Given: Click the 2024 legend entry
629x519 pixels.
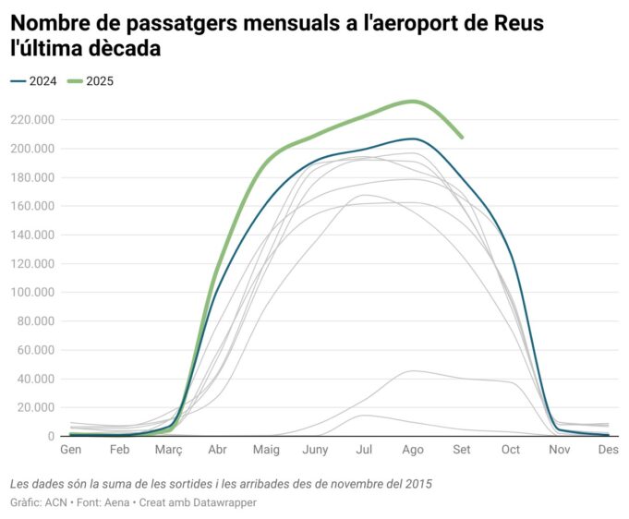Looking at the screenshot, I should [x=34, y=81].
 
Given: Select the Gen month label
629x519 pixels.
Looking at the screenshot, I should [x=70, y=449].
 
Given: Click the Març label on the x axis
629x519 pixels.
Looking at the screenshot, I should [x=168, y=449].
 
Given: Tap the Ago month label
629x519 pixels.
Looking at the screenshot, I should [x=413, y=449].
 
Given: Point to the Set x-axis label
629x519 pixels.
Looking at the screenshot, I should [x=462, y=449].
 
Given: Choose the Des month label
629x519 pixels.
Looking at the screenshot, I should [x=608, y=449].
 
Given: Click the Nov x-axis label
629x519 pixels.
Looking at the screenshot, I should [x=560, y=449].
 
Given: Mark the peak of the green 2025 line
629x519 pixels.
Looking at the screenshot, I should [x=414, y=101].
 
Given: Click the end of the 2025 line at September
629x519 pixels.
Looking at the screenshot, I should [x=462, y=138].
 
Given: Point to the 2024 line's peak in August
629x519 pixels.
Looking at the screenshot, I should [x=414, y=139].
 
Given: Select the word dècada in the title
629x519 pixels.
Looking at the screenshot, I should [x=123, y=49].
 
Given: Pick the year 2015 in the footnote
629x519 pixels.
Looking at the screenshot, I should [x=417, y=483].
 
